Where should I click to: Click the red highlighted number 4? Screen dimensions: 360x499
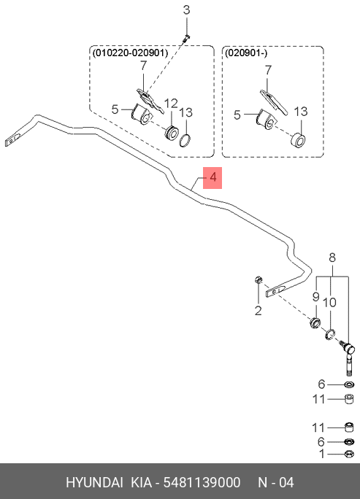click(x=212, y=177)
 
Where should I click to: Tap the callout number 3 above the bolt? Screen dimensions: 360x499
click(x=187, y=10)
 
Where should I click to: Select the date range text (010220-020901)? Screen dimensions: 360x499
click(x=130, y=53)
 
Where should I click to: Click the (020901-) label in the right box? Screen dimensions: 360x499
click(x=246, y=53)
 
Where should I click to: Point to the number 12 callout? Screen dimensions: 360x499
click(x=171, y=104)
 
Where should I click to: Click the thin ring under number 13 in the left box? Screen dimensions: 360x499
click(x=185, y=141)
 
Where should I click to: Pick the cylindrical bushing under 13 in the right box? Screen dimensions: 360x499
click(x=299, y=140)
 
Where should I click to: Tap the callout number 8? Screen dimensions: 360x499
click(x=332, y=257)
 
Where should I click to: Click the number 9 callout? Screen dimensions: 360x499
click(x=315, y=297)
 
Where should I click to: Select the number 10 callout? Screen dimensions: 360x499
click(x=329, y=302)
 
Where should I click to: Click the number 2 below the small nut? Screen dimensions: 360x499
click(x=258, y=311)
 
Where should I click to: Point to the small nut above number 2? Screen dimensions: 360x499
click(x=258, y=280)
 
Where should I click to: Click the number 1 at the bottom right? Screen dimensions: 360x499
click(x=322, y=454)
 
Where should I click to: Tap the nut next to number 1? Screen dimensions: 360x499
click(x=349, y=454)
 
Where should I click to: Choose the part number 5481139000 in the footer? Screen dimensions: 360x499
click(x=202, y=482)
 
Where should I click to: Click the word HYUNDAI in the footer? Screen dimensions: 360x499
click(x=94, y=482)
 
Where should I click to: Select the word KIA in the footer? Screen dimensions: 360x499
click(x=142, y=482)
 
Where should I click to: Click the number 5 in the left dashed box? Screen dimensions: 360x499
click(x=115, y=109)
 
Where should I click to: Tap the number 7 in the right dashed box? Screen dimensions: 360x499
click(x=268, y=70)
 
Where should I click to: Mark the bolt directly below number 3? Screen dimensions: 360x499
click(x=186, y=38)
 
